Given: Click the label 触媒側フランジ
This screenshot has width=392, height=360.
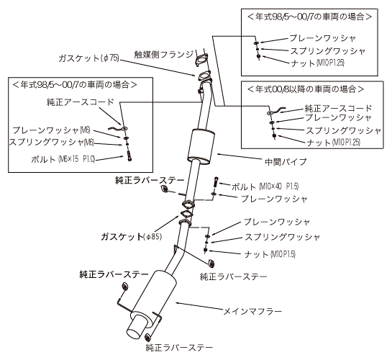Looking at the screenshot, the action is (164, 54).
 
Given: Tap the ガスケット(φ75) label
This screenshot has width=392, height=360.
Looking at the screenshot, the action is (88, 58).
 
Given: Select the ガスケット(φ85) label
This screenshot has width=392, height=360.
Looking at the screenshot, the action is (132, 236).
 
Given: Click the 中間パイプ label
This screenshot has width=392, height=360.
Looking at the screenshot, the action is (286, 161).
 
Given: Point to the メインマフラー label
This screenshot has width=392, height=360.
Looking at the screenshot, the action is (252, 311).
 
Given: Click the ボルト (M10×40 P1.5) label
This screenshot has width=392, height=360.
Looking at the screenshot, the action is (265, 186).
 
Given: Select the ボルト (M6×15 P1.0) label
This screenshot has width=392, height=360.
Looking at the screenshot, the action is (63, 159).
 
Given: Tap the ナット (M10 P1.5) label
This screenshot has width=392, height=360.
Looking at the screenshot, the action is (270, 254).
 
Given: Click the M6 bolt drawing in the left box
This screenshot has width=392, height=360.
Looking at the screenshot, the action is (129, 156).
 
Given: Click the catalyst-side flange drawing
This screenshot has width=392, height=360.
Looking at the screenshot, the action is (201, 60).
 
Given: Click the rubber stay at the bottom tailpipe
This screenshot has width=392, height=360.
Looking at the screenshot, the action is (147, 337).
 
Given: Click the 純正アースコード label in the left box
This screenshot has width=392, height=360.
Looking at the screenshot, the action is (80, 102).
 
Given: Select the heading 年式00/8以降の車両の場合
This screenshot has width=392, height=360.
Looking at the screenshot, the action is (306, 89).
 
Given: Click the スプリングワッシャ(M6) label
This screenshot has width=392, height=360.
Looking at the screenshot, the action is (51, 143).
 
